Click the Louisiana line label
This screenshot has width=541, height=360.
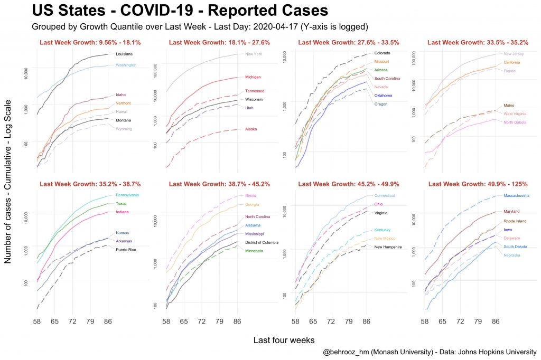[x=124, y=54]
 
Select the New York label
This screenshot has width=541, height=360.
[x=255, y=54]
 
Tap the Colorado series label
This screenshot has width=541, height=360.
[x=383, y=53]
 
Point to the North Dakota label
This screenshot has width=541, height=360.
[x=515, y=122]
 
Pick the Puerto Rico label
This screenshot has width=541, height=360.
[x=126, y=249]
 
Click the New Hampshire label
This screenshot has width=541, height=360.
[x=388, y=247]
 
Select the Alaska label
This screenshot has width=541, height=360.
[x=251, y=129]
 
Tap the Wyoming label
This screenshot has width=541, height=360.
[x=124, y=129]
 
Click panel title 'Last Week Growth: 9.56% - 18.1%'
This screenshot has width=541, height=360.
[x=90, y=42]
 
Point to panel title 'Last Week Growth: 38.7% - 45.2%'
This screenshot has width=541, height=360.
[x=219, y=184]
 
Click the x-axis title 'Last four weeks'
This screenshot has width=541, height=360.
[x=284, y=340]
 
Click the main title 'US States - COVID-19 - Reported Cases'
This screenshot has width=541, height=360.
[x=180, y=11]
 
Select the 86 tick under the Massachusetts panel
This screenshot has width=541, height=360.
[x=495, y=320]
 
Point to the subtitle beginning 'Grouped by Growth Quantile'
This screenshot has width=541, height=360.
[x=200, y=26]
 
